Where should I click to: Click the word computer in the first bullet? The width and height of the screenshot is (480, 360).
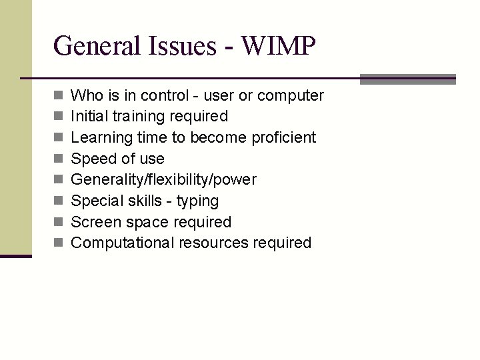tap(291, 96)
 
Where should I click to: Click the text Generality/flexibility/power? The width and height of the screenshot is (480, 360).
tap(163, 180)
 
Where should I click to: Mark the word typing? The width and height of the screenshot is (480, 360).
tap(197, 201)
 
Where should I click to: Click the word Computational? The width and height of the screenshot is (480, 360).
tap(123, 243)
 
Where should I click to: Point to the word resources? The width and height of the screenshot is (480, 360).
tap(213, 243)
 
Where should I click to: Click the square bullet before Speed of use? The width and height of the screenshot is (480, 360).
tap(59, 159)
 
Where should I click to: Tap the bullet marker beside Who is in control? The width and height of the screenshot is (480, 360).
tap(59, 96)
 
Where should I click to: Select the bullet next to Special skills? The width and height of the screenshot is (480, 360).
tap(59, 201)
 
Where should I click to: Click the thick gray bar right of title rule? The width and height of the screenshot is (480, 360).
tap(407, 79)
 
